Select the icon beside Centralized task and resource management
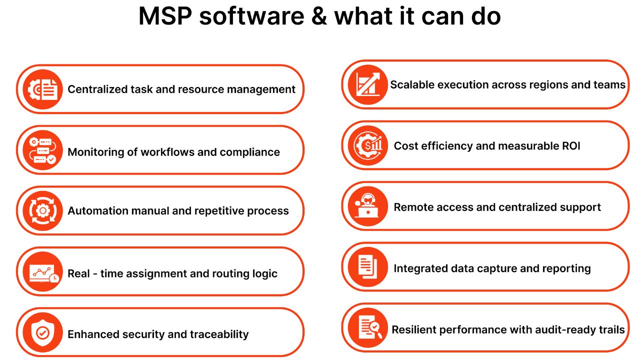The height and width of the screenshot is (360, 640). (x=42, y=89)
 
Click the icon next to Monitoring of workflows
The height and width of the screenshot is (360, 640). (x=42, y=150)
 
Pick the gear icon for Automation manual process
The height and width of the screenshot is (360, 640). (x=42, y=211)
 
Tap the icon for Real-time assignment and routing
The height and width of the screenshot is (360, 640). (x=42, y=272)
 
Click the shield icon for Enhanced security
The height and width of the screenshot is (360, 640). (x=42, y=333)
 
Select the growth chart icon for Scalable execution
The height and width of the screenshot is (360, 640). (x=368, y=84)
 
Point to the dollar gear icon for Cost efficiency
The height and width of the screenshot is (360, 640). (x=368, y=145)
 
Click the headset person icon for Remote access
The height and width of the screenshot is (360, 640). (x=368, y=206)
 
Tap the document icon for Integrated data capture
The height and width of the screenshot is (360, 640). (x=368, y=267)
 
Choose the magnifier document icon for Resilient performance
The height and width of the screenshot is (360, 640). (x=368, y=328)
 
